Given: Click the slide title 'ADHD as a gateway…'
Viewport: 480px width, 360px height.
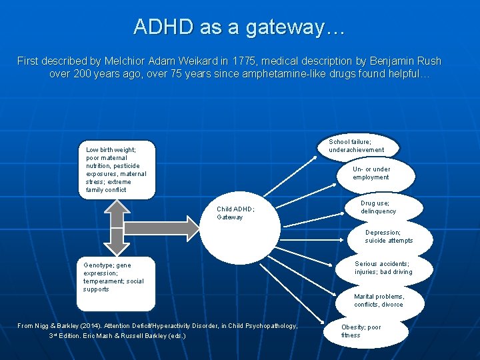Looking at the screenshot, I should click(239, 27).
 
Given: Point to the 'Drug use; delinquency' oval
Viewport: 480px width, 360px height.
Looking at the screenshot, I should click(379, 207).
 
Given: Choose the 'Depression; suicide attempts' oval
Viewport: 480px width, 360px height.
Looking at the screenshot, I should click(389, 237).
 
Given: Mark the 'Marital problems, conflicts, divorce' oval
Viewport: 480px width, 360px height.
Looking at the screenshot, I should click(379, 301).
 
